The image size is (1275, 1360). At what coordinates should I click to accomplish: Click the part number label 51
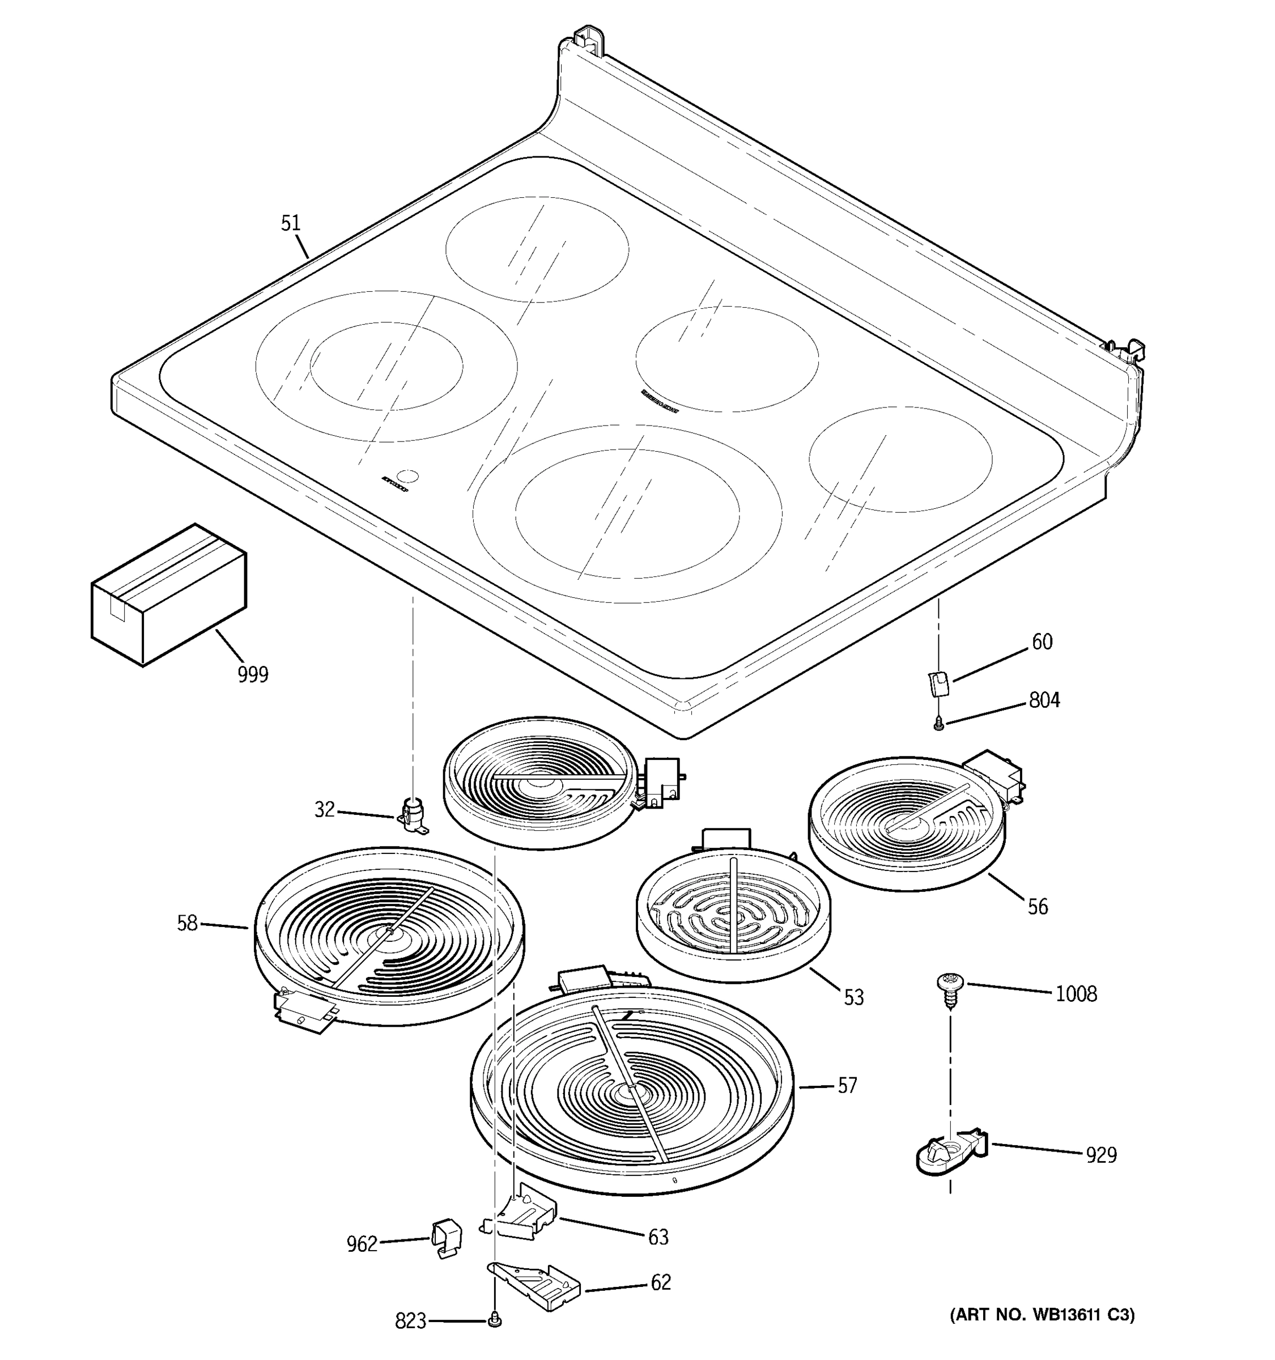coord(291,223)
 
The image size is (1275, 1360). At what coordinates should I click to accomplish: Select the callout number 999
coord(253,674)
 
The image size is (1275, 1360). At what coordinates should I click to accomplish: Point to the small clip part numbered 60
coord(938,683)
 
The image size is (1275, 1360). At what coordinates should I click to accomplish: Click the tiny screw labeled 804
coord(938,724)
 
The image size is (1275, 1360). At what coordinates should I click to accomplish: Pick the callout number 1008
coord(1076,994)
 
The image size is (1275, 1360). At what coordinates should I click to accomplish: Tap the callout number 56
coord(1037,907)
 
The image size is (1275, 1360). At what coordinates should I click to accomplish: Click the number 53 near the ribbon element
coord(853,997)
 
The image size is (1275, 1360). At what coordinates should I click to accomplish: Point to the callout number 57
coord(847,1086)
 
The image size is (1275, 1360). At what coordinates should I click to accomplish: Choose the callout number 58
coord(187,924)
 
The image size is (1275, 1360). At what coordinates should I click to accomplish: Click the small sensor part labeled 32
coord(412,815)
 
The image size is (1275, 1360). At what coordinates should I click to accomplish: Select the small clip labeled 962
coord(446,1238)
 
